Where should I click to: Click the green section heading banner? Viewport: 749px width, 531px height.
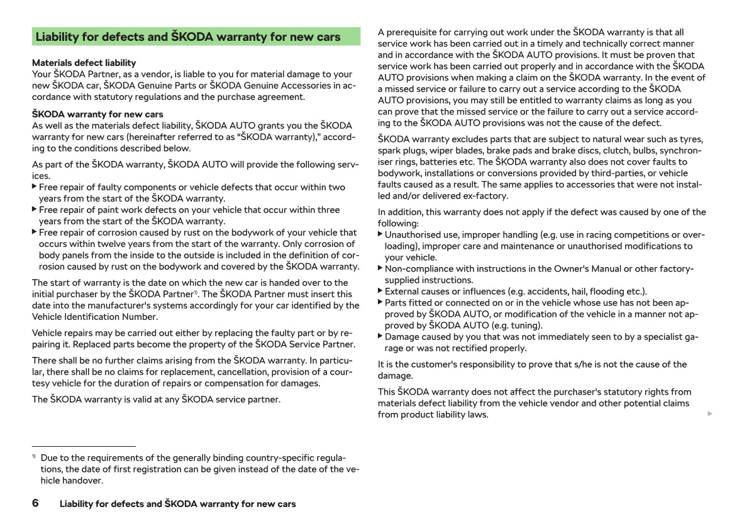pyautogui.click(x=196, y=36)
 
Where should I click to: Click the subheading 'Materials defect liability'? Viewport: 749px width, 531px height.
pyautogui.click(x=84, y=63)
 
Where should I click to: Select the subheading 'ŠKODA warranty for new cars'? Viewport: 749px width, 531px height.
pyautogui.click(x=97, y=114)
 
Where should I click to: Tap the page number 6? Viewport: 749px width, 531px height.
pyautogui.click(x=35, y=503)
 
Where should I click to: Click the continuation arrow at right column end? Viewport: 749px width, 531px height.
pyautogui.click(x=710, y=414)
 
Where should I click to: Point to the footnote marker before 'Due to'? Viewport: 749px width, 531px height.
pyautogui.click(x=34, y=457)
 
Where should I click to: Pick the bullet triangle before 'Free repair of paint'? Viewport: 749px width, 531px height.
pyautogui.click(x=35, y=209)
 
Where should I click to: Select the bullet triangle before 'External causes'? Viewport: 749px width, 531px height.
pyautogui.click(x=380, y=290)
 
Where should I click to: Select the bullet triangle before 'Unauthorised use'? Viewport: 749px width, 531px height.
pyautogui.click(x=380, y=234)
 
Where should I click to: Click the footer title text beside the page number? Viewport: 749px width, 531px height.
pyautogui.click(x=177, y=504)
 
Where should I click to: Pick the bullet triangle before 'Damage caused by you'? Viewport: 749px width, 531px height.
pyautogui.click(x=380, y=336)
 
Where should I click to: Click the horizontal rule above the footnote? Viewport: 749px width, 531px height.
pyautogui.click(x=84, y=446)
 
